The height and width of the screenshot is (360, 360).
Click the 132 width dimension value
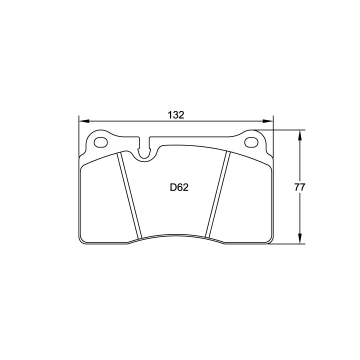tap(176, 115)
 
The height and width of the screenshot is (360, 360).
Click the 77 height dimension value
tap(299, 187)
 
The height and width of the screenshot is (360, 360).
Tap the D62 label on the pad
tap(179, 188)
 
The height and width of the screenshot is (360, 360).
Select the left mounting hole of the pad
tap(101, 142)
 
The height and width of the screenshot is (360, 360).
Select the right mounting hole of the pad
tap(251, 142)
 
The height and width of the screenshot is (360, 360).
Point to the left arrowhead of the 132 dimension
tap(84, 121)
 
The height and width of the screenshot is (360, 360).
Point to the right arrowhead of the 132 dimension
tap(268, 121)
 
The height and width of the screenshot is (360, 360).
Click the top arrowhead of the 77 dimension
tap(299, 135)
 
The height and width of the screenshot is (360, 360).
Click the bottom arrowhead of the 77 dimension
tap(299, 238)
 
